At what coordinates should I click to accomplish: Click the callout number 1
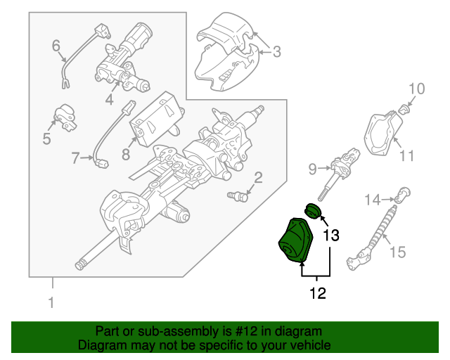pyautogui.click(x=51, y=304)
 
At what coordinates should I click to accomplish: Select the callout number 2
pyautogui.click(x=258, y=177)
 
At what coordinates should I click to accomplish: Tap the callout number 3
pyautogui.click(x=276, y=51)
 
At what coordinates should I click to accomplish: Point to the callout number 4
pyautogui.click(x=110, y=100)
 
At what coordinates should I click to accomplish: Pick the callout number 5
pyautogui.click(x=46, y=139)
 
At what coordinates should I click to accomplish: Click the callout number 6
pyautogui.click(x=56, y=46)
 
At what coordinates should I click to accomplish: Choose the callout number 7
pyautogui.click(x=76, y=159)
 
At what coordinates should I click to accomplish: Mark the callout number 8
pyautogui.click(x=126, y=154)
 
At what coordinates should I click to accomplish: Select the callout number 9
pyautogui.click(x=314, y=168)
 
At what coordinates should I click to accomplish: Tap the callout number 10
pyautogui.click(x=417, y=89)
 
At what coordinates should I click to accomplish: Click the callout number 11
pyautogui.click(x=407, y=155)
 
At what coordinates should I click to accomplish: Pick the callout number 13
pyautogui.click(x=330, y=236)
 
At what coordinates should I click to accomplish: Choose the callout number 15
pyautogui.click(x=397, y=251)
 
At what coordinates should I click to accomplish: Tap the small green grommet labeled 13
pyautogui.click(x=312, y=210)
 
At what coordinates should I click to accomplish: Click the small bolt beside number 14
pyautogui.click(x=401, y=195)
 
